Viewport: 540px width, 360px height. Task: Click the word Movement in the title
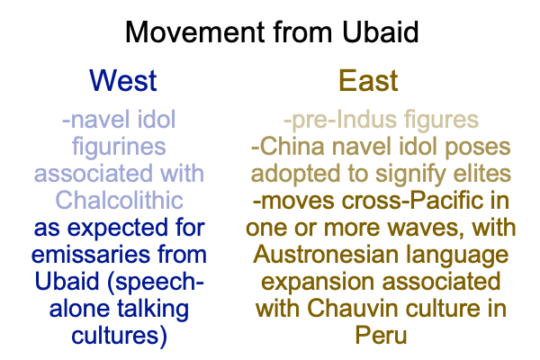(195, 32)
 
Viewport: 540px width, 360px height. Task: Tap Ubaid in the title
(380, 32)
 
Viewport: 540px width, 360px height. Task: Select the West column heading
(123, 81)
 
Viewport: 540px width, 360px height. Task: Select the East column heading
(368, 81)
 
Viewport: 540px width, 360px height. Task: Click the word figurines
(119, 147)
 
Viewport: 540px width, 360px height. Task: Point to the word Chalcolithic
(119, 200)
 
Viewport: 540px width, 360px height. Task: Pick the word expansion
(318, 282)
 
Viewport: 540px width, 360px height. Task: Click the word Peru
(381, 335)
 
